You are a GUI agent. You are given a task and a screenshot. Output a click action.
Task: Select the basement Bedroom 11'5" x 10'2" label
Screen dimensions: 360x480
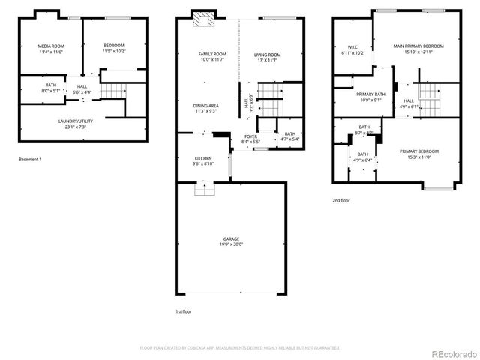[114, 49]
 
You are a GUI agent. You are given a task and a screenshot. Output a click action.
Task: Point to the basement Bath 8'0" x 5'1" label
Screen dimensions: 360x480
[50, 88]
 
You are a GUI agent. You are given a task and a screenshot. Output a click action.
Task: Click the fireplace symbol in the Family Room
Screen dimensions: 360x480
[202, 19]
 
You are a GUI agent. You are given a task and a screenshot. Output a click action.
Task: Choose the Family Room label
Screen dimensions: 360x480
[211, 57]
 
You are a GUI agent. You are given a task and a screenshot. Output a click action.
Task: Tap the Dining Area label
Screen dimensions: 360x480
[205, 108]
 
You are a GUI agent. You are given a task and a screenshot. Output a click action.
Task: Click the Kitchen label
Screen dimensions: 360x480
[203, 161]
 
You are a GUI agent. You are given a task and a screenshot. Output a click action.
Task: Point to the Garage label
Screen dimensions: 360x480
[230, 241]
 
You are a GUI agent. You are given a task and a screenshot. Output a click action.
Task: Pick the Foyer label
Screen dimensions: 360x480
[250, 139]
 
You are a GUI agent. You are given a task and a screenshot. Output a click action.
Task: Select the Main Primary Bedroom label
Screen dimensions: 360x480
[418, 49]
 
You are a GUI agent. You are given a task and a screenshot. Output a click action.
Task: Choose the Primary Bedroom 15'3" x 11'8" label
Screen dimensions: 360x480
[418, 154]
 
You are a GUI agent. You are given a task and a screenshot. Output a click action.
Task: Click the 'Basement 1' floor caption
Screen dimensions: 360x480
[30, 160]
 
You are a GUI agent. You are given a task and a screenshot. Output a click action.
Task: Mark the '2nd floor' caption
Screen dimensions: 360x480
[341, 200]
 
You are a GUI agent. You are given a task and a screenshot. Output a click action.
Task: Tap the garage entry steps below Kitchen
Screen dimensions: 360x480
[203, 190]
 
